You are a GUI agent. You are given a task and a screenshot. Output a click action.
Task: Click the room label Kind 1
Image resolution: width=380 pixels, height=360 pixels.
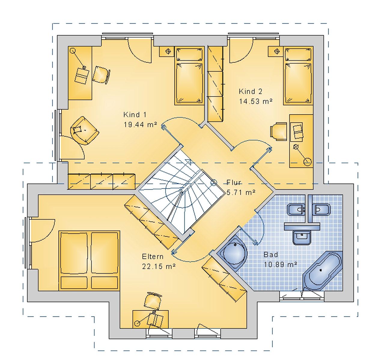pos(135,115)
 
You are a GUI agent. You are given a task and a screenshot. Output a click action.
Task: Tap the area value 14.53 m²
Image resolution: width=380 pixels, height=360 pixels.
pos(256,101)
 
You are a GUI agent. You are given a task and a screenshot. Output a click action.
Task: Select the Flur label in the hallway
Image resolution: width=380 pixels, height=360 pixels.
pos(234,182)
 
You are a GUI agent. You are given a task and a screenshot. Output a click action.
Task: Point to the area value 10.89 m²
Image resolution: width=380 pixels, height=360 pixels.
pos(280,264)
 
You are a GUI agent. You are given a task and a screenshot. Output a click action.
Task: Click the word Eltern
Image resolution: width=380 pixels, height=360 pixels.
pos(153,256)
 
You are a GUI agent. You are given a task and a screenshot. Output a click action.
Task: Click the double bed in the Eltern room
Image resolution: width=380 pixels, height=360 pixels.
pos(89,260)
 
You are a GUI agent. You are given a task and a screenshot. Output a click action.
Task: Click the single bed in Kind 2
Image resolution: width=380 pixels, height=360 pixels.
pos(298,76)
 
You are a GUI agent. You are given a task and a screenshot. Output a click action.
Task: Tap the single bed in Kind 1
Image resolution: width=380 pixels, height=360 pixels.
pos(189,76)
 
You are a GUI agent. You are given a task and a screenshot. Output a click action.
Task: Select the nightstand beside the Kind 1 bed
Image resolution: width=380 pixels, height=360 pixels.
pos(168,51)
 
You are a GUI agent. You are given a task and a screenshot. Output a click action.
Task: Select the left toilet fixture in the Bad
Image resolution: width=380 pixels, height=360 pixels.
pos(296,209)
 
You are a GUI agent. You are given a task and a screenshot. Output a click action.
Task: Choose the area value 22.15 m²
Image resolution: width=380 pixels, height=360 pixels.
pos(159,266)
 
